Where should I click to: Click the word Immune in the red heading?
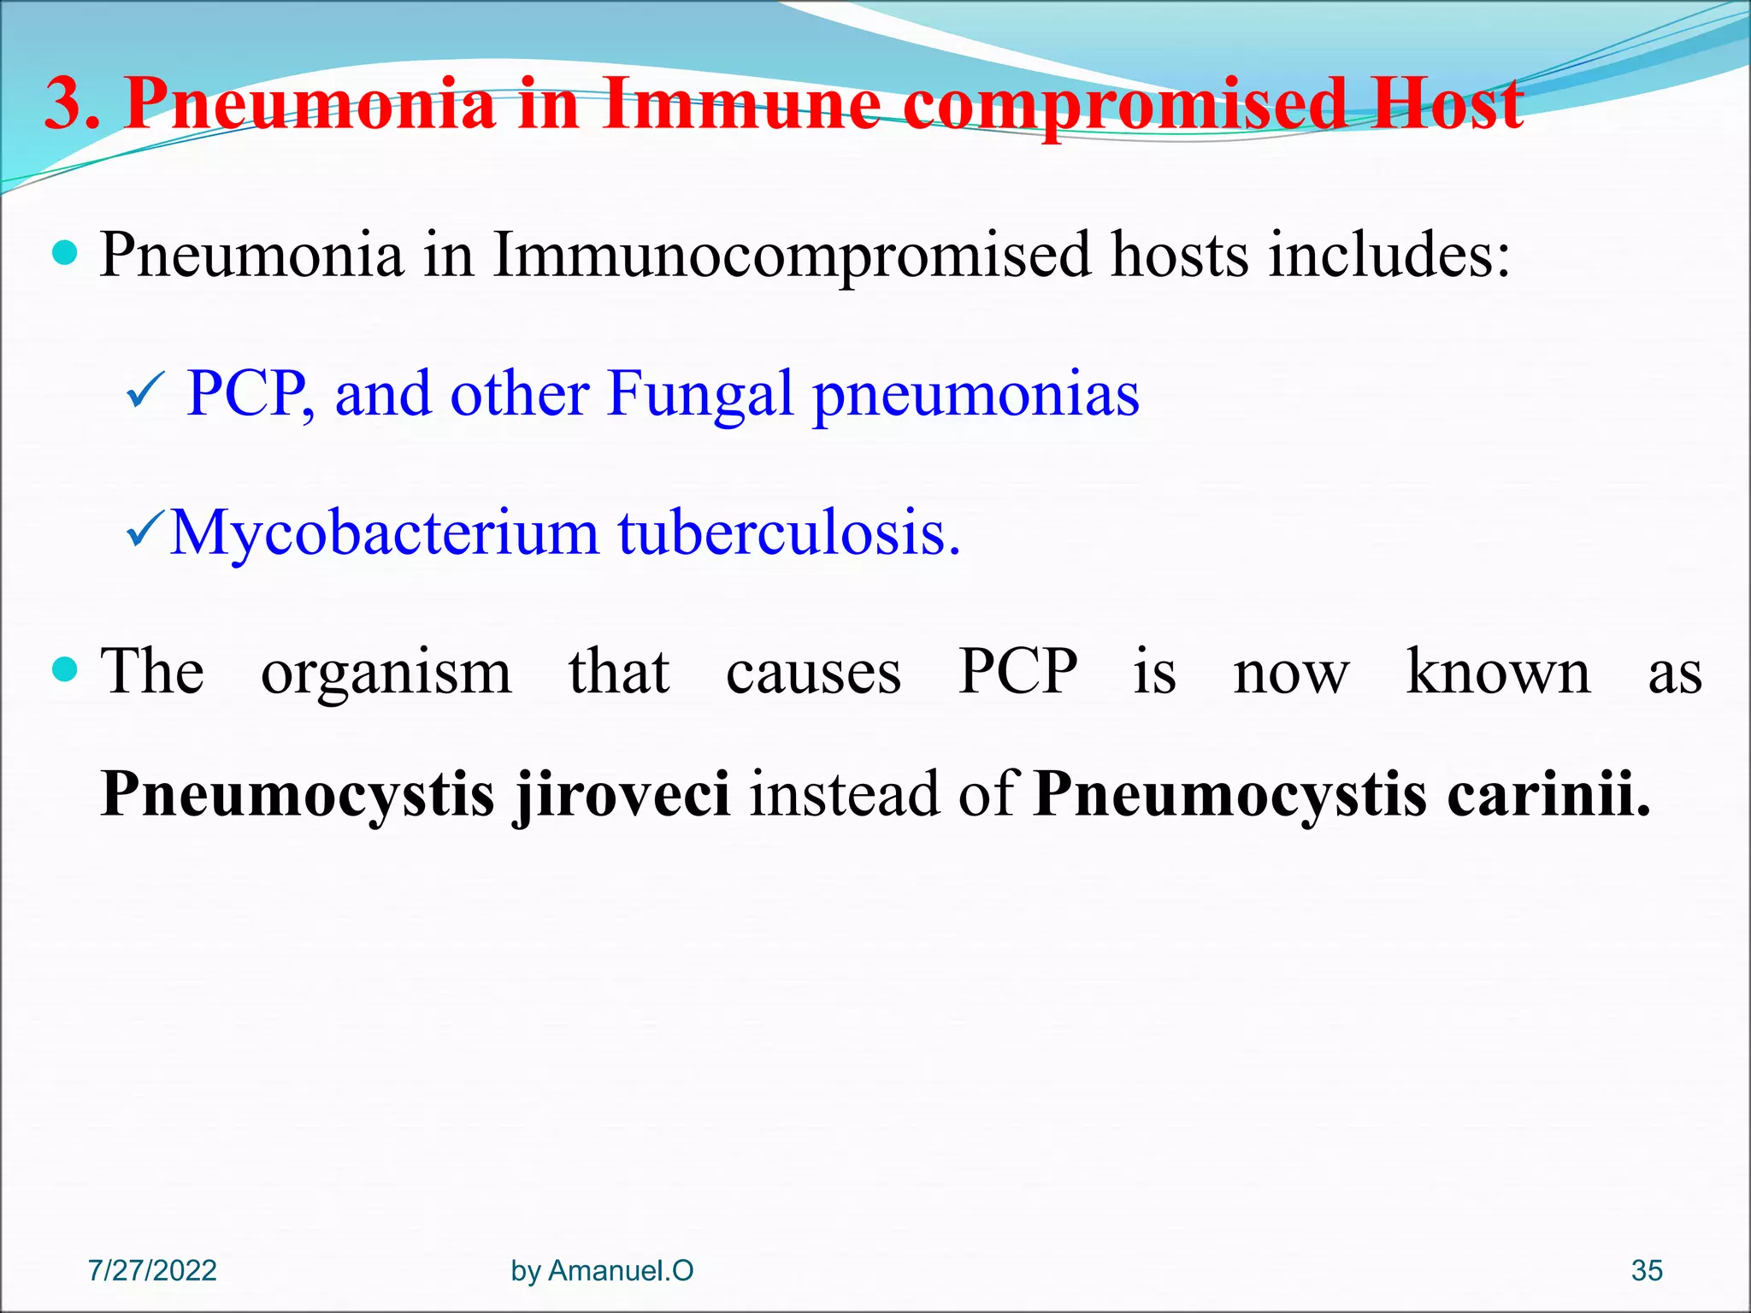[x=740, y=104]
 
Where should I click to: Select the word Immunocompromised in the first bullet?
[x=791, y=256]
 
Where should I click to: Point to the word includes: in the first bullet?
[x=1389, y=254]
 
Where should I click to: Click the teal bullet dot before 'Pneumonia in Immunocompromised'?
[x=65, y=254]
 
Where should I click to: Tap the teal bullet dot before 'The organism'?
[x=65, y=669]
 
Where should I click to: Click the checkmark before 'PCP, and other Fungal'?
[x=141, y=395]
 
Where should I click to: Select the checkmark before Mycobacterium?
[x=143, y=534]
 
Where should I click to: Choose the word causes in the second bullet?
[x=813, y=672]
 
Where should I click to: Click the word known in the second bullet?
[x=1498, y=670]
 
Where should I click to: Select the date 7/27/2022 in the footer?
[x=152, y=1271]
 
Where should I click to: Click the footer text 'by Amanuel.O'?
[x=602, y=1271]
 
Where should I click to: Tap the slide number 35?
[x=1647, y=1271]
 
